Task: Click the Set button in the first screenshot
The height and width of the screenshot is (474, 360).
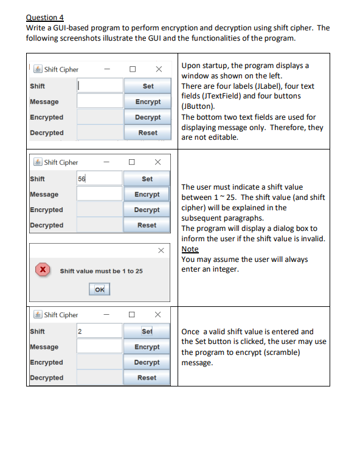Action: coord(148,86)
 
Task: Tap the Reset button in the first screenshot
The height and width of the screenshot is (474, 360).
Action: coord(148,132)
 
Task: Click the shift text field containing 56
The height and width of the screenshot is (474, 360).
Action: coord(100,179)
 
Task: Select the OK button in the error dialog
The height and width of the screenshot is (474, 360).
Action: coord(100,290)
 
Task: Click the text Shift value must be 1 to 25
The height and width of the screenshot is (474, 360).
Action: coord(102,271)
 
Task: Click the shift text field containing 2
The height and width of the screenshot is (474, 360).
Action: coord(100,332)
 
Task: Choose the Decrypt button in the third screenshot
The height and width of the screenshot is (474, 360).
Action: coord(147,362)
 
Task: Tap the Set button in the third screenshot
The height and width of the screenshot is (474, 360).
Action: coord(147,332)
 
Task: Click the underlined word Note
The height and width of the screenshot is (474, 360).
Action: coord(190,249)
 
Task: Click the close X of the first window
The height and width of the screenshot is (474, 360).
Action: coord(158,69)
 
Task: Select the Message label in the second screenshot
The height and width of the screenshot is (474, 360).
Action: coord(44,194)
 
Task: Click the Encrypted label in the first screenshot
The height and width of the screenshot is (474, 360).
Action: coord(46,117)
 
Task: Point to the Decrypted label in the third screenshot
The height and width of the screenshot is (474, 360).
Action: coord(46,377)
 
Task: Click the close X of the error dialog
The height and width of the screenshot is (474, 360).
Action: coord(161,250)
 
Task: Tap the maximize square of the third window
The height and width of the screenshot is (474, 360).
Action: coord(131,315)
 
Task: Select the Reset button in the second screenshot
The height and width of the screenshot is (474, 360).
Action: coord(147,225)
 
